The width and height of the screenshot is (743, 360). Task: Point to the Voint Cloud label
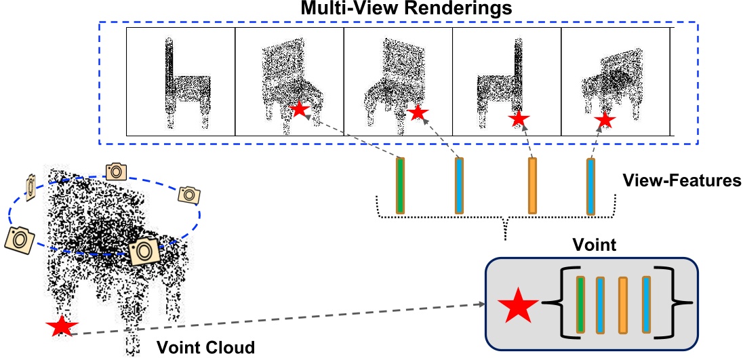coord(206,348)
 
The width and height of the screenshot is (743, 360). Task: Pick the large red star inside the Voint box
coord(518,306)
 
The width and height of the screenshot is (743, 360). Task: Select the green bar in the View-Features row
coord(400,186)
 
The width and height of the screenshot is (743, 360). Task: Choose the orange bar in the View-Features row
coord(532,186)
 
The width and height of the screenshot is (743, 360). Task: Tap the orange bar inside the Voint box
coord(623,305)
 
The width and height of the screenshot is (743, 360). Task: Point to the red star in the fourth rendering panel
coord(519,119)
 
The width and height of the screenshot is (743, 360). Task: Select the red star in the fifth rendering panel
coord(605,121)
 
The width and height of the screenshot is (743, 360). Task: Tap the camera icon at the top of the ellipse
coord(116,171)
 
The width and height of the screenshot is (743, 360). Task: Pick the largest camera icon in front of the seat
coord(144,250)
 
